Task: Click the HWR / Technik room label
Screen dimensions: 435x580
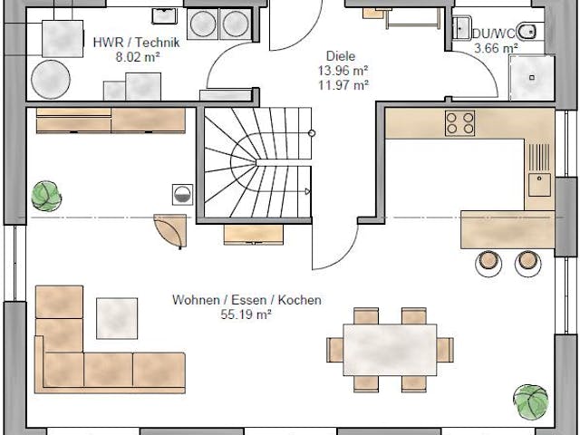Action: [137, 42]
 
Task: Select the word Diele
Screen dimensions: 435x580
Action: [342, 54]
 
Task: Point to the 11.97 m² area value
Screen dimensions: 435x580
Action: [342, 85]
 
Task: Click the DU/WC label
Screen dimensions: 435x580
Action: [494, 34]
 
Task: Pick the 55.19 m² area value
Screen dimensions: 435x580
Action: [247, 314]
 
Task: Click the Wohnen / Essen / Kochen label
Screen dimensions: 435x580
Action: [247, 300]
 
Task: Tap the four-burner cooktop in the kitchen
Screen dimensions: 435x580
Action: [459, 122]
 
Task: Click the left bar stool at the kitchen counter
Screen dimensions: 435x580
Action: [489, 261]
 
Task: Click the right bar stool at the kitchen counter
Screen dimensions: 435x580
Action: [527, 261]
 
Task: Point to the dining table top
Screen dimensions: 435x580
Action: [390, 350]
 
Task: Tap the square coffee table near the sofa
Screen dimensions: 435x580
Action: [117, 318]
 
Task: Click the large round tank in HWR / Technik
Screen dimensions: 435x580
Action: [51, 80]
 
